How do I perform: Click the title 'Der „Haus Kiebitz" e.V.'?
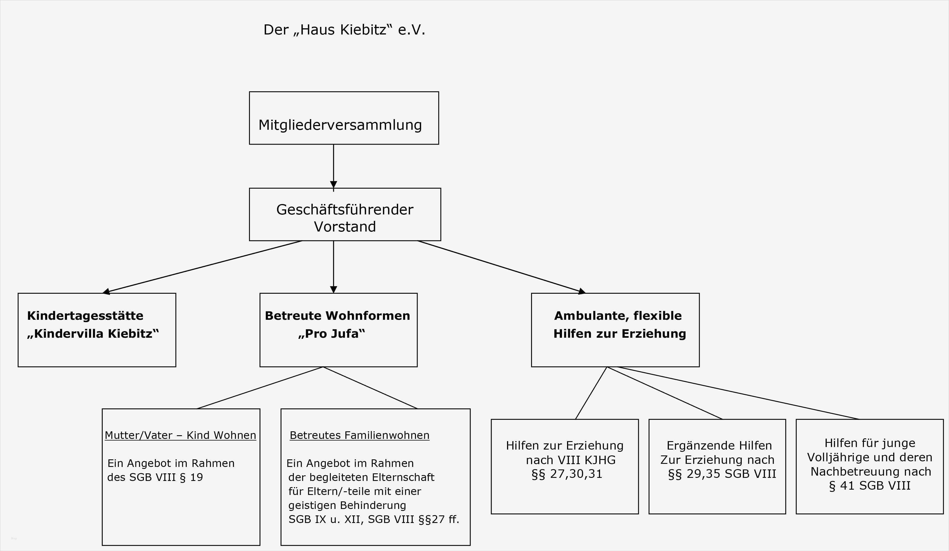tap(344, 30)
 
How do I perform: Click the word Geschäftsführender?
tap(345, 210)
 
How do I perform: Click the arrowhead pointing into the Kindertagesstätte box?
tap(107, 291)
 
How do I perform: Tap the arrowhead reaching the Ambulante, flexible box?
tap(582, 291)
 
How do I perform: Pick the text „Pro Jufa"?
tap(331, 334)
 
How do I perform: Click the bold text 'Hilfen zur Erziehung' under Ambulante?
tap(619, 334)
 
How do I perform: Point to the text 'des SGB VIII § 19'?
tap(155, 477)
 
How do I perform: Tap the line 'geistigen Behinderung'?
tap(347, 505)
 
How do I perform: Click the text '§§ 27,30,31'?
tap(567, 474)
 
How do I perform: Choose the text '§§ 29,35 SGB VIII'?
tap(722, 474)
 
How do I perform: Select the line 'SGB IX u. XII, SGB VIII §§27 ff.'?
tap(374, 519)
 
